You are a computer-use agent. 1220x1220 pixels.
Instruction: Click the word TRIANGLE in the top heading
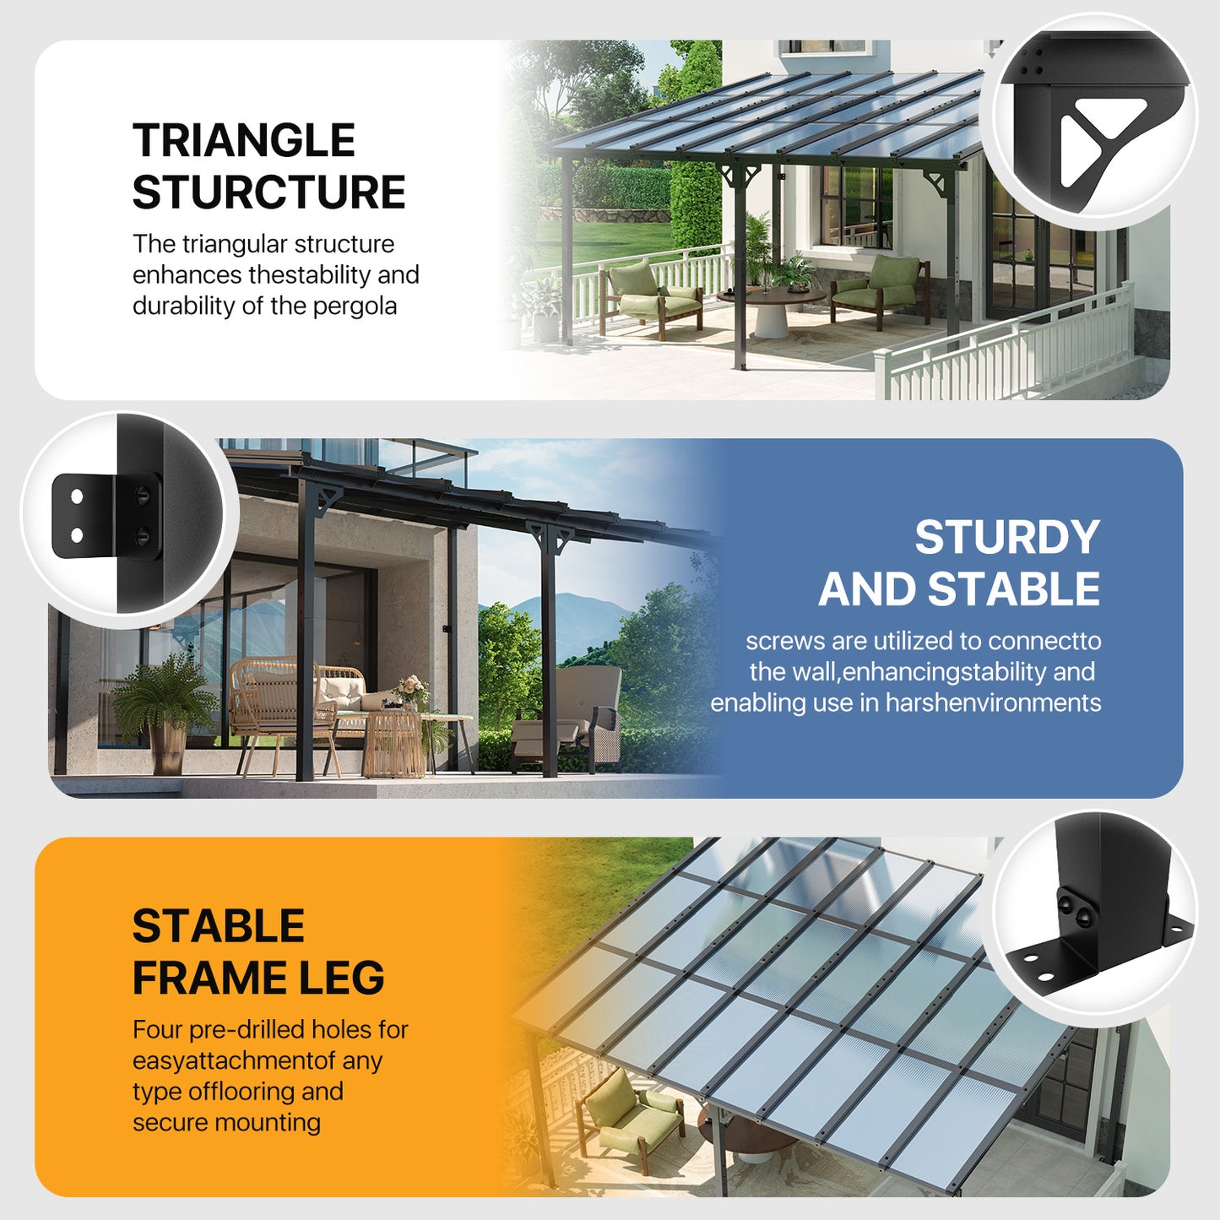[243, 140]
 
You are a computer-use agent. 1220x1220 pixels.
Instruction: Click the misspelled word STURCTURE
[268, 192]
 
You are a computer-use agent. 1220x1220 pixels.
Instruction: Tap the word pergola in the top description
[355, 306]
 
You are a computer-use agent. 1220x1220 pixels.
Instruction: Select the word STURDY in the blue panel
[1006, 538]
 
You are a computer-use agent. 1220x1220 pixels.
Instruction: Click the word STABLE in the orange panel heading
[218, 926]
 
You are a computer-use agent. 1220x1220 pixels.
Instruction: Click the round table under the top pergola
[772, 308]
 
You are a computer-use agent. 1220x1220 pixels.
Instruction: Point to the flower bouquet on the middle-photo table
[411, 690]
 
